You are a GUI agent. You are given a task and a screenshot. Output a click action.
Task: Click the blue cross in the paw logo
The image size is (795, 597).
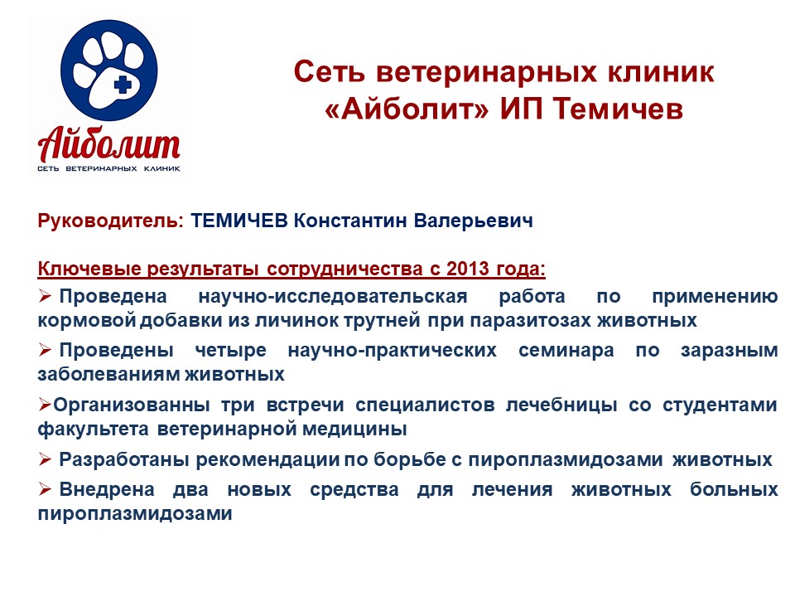[x=123, y=85]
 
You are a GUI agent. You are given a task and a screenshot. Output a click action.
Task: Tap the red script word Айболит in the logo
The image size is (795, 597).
[x=108, y=143]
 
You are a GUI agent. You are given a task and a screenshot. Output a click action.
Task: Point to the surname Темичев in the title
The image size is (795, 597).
[x=618, y=109]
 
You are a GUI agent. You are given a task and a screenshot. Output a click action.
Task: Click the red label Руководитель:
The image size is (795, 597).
[x=110, y=221]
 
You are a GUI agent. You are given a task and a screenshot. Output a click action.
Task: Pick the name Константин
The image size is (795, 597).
[x=350, y=221]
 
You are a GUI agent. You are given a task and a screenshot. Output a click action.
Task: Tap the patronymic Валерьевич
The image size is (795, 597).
[x=474, y=221]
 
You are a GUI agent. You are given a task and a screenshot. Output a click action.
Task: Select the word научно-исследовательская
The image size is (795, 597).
[x=333, y=297]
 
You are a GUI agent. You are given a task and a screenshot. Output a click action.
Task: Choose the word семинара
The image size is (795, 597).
[x=566, y=350]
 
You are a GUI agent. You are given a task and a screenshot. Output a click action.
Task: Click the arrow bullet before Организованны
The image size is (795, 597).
[x=45, y=405]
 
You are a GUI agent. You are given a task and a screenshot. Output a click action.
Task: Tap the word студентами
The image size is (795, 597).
[x=720, y=405]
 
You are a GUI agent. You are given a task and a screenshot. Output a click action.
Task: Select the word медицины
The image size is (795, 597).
[x=355, y=430]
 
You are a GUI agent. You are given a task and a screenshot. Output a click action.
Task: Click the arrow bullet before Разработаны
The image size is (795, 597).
[x=45, y=460]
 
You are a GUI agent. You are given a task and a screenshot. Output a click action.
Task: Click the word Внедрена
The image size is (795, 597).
[x=107, y=489]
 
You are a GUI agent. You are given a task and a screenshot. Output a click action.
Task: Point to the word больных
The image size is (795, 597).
[x=734, y=489]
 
